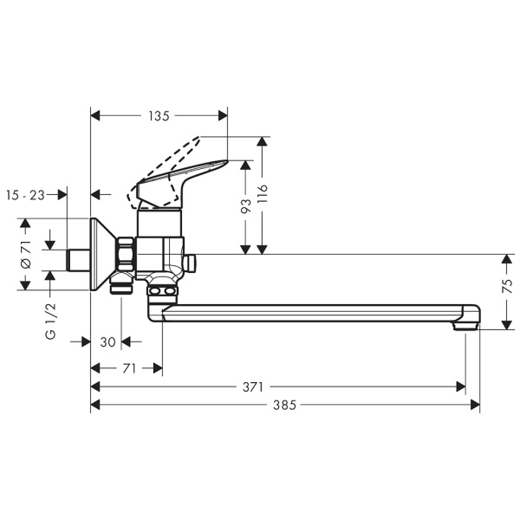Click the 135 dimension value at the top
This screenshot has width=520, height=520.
tap(159, 114)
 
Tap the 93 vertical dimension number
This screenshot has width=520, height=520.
tap(245, 206)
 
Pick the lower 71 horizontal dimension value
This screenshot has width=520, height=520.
tap(127, 368)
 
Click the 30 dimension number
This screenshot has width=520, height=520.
tap(107, 341)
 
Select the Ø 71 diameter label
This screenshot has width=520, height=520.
tap(26, 255)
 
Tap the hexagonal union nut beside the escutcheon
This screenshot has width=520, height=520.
tap(127, 254)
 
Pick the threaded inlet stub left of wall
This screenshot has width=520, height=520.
tap(79, 258)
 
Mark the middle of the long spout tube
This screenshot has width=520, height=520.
tap(312, 310)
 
